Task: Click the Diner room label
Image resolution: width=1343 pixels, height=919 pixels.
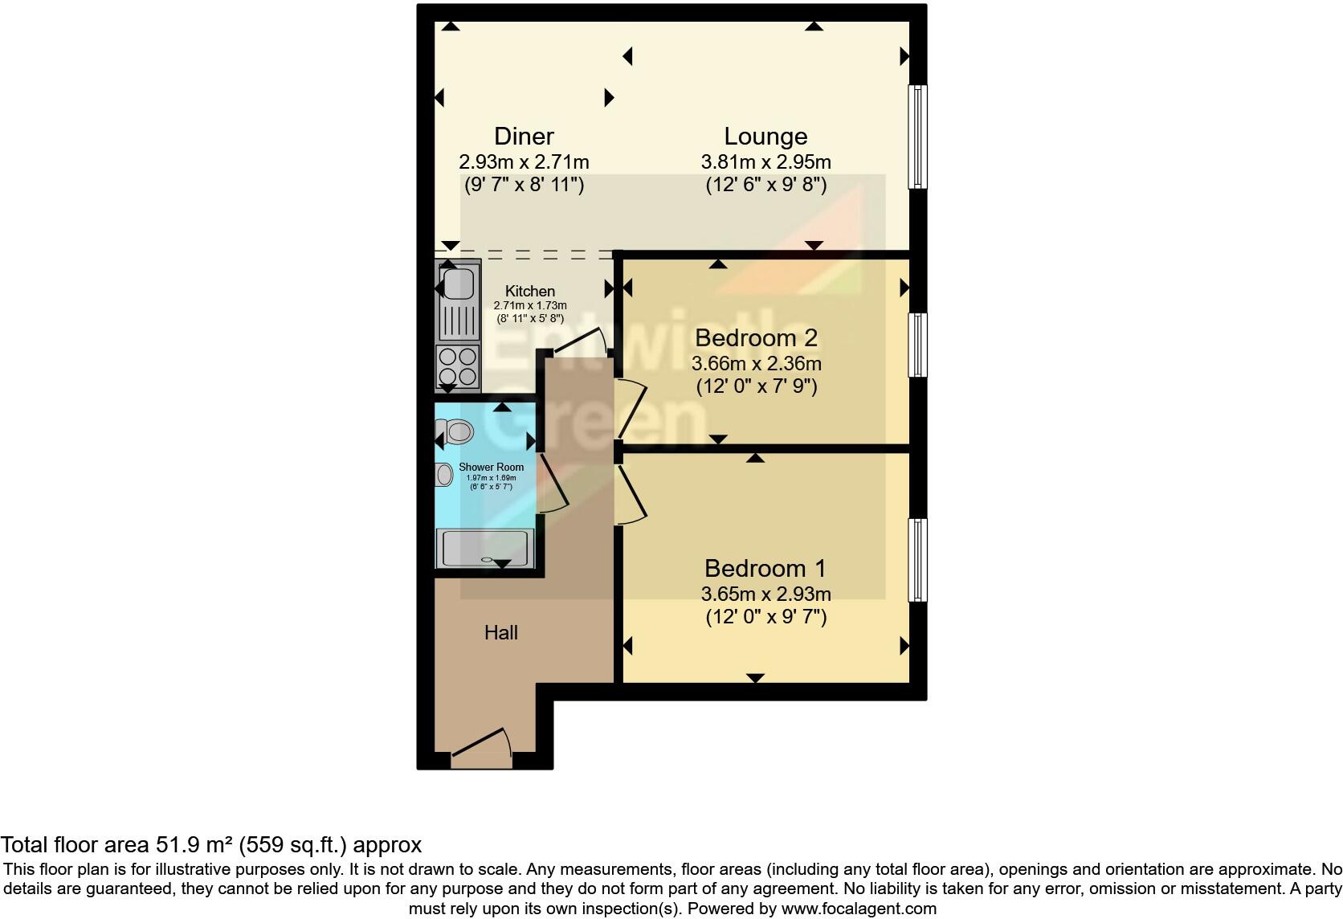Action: click(x=524, y=136)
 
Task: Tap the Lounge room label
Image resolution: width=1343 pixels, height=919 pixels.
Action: click(x=765, y=136)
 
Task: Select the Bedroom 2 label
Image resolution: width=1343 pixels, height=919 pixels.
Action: click(x=756, y=337)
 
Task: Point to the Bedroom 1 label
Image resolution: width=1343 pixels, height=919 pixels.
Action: click(x=765, y=568)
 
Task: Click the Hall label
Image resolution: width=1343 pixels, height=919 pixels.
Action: click(x=500, y=633)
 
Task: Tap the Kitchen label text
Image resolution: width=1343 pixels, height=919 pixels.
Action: click(x=529, y=292)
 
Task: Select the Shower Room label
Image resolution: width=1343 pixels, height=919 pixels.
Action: click(x=491, y=467)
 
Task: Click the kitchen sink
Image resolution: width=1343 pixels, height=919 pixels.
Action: click(x=458, y=284)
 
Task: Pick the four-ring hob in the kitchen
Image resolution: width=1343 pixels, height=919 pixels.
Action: click(x=458, y=366)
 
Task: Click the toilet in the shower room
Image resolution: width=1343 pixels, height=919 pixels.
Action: click(x=455, y=432)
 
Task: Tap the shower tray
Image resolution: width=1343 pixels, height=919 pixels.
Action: click(x=484, y=549)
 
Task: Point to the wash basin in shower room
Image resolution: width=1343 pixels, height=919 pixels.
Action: click(x=444, y=475)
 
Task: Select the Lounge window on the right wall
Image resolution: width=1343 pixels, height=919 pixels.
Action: click(x=917, y=137)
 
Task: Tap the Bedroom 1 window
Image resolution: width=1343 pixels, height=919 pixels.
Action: click(x=917, y=560)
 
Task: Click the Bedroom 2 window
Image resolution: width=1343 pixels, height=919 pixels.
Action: click(x=917, y=345)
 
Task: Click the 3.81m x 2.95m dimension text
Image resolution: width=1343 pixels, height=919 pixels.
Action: click(x=765, y=161)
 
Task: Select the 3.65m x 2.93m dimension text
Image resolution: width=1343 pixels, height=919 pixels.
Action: click(x=765, y=594)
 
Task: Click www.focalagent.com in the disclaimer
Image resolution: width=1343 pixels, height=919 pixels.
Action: click(x=859, y=909)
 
